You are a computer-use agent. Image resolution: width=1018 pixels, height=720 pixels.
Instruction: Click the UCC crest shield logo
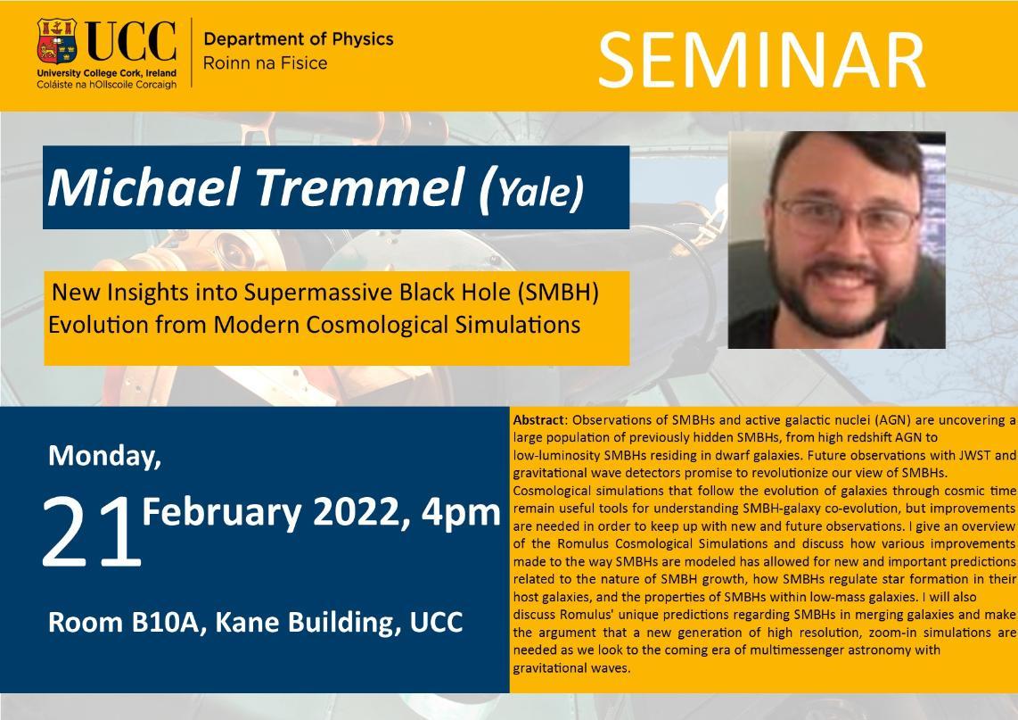click(x=57, y=41)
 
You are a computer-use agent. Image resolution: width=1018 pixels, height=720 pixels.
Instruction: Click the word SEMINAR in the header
click(x=761, y=60)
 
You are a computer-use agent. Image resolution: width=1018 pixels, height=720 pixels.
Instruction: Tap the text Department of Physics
click(x=299, y=39)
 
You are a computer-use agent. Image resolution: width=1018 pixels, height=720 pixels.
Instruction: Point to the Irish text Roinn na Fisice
click(x=266, y=63)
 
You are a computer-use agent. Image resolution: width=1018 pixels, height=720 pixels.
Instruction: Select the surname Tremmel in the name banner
click(x=359, y=187)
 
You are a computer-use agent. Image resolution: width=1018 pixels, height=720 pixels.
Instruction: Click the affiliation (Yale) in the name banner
click(x=530, y=191)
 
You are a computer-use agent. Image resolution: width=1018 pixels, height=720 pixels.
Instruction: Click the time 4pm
click(x=461, y=513)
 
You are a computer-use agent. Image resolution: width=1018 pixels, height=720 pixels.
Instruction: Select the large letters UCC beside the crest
click(x=132, y=42)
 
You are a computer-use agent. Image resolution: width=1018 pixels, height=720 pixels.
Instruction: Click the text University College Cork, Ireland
click(x=106, y=73)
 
